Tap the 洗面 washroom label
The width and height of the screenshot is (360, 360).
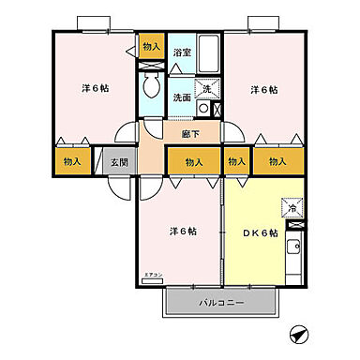181,97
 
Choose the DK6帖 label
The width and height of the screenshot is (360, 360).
262,232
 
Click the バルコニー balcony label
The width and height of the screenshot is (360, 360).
221,304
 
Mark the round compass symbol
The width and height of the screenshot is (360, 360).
299,333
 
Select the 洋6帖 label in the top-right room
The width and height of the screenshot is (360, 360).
265,90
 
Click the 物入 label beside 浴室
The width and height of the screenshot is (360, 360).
150,47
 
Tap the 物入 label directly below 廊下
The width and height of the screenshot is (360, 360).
194,162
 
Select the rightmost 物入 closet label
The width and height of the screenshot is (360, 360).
277,162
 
